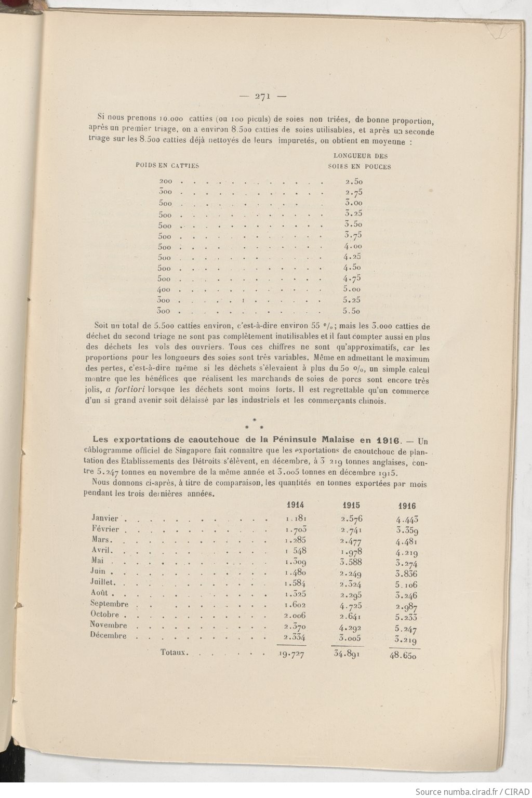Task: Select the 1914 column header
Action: pos(295,504)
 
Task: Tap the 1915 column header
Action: pos(351,505)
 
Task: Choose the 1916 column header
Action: pos(407,506)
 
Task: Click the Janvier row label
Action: pos(105,517)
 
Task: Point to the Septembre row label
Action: pos(109,604)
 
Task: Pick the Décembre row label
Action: pos(108,635)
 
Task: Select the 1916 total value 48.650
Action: pos(404,656)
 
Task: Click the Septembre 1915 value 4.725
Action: pos(351,606)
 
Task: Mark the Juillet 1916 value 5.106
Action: pos(406,584)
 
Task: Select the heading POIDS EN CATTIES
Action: pos(167,166)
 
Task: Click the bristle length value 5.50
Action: pos(353,311)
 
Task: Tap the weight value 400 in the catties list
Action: pos(165,290)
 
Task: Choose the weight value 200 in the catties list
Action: pos(166,181)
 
